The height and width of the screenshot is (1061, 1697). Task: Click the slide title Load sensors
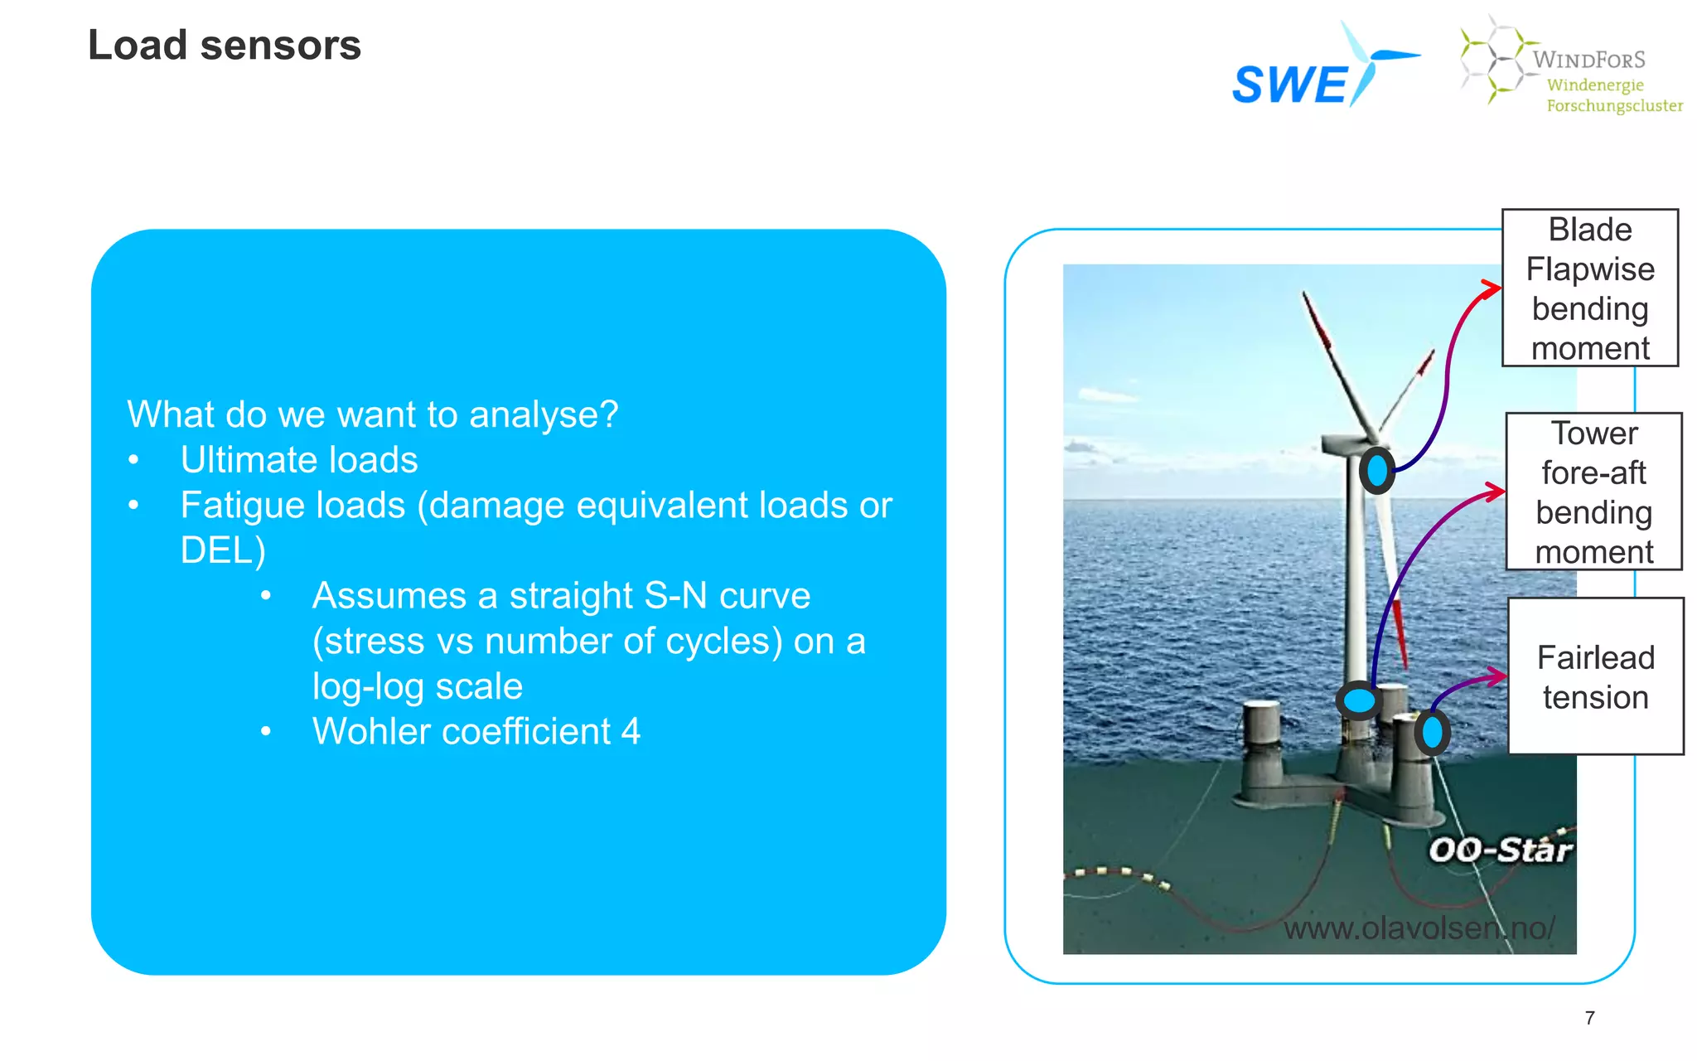pyautogui.click(x=225, y=45)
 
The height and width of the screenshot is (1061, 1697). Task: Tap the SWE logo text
pyautogui.click(x=1290, y=85)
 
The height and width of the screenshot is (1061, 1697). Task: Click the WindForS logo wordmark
pyautogui.click(x=1588, y=60)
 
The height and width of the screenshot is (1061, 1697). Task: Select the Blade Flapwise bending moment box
pyautogui.click(x=1589, y=288)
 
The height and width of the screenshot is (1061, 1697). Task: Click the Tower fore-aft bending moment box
pyautogui.click(x=1593, y=492)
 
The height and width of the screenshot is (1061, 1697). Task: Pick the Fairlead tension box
pyautogui.click(x=1595, y=676)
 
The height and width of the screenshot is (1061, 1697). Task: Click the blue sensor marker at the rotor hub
pyautogui.click(x=1377, y=470)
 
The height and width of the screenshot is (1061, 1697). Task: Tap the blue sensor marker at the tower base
pyautogui.click(x=1359, y=700)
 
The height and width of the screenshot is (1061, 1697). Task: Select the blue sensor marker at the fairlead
pyautogui.click(x=1432, y=732)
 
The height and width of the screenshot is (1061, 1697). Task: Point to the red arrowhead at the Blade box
pyautogui.click(x=1492, y=288)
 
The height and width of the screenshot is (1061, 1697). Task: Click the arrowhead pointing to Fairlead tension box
pyautogui.click(x=1497, y=676)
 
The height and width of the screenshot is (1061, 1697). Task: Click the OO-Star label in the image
pyautogui.click(x=1500, y=850)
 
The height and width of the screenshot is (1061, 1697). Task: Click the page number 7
pyautogui.click(x=1589, y=1018)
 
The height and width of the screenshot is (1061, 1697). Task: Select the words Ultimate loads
pyautogui.click(x=299, y=460)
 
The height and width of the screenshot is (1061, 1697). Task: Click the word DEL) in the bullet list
pyautogui.click(x=223, y=550)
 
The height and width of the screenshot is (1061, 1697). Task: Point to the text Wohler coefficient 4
pyautogui.click(x=476, y=732)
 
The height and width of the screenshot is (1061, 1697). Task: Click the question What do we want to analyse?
pyautogui.click(x=372, y=414)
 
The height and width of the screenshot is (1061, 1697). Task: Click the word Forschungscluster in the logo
pyautogui.click(x=1614, y=106)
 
